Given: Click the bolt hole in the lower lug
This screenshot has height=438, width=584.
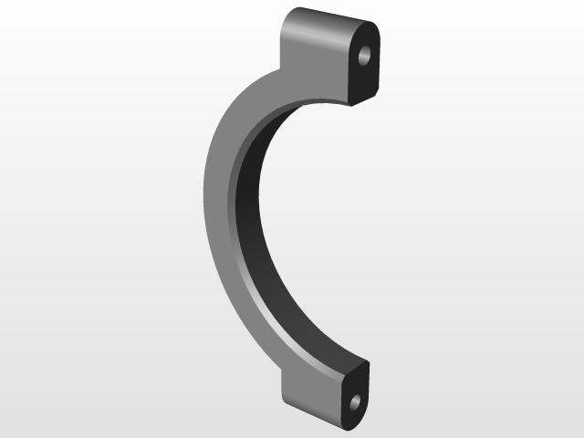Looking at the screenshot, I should click(355, 401).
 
